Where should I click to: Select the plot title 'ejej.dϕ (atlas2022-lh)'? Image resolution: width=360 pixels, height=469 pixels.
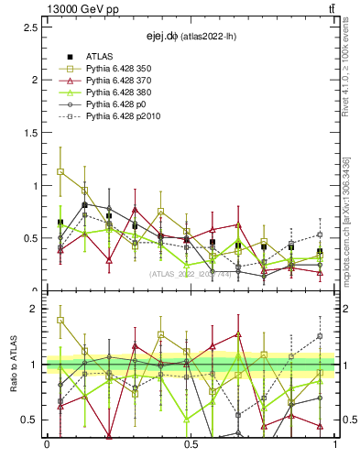[x=191, y=37]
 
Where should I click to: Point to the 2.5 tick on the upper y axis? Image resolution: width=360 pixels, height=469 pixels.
[x=30, y=27]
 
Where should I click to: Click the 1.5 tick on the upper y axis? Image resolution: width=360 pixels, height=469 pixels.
[x=30, y=133]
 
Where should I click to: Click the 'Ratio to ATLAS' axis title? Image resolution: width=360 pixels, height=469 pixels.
[x=13, y=365]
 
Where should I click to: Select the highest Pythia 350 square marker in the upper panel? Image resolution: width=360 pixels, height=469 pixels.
[x=60, y=171]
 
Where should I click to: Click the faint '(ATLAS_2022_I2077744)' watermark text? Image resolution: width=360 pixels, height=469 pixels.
[x=191, y=273]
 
